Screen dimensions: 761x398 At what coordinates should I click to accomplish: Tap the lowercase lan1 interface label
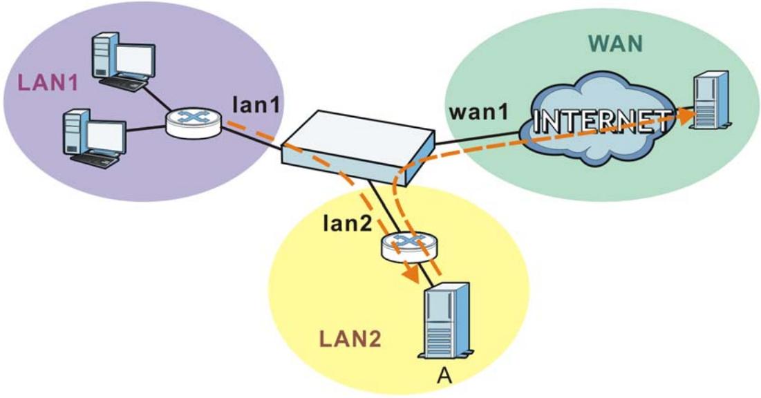(256, 104)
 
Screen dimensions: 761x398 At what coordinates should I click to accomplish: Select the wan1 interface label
(478, 112)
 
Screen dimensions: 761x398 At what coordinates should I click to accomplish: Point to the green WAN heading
(615, 44)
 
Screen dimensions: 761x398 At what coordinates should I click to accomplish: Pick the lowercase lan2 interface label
(348, 222)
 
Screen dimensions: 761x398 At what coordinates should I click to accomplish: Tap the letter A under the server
(444, 375)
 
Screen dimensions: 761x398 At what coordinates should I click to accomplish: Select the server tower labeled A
(446, 321)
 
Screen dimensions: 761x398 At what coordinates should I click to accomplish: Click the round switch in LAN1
(194, 122)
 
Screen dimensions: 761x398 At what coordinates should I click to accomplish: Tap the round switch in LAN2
(409, 245)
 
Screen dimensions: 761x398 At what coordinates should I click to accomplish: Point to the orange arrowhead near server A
(411, 274)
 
